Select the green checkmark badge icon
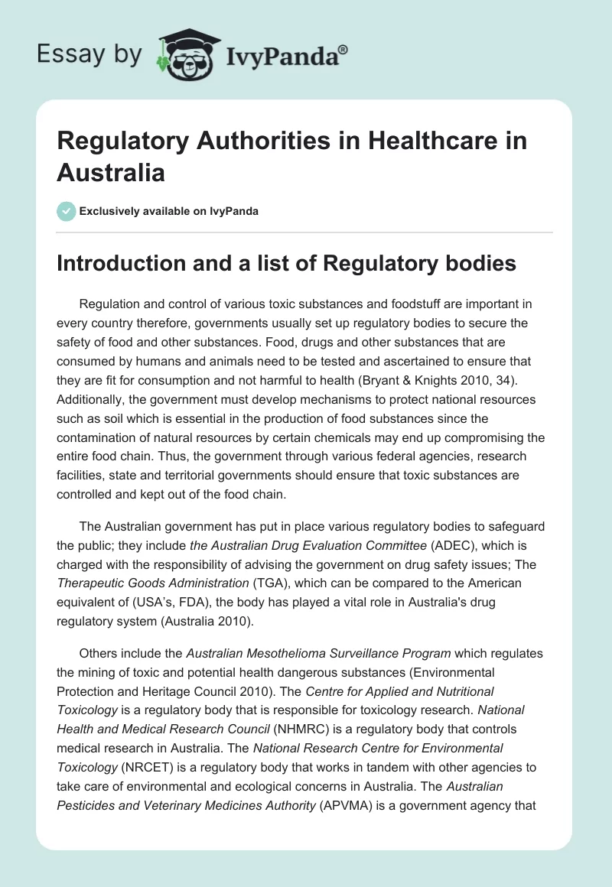[67, 211]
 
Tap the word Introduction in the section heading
[124, 263]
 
